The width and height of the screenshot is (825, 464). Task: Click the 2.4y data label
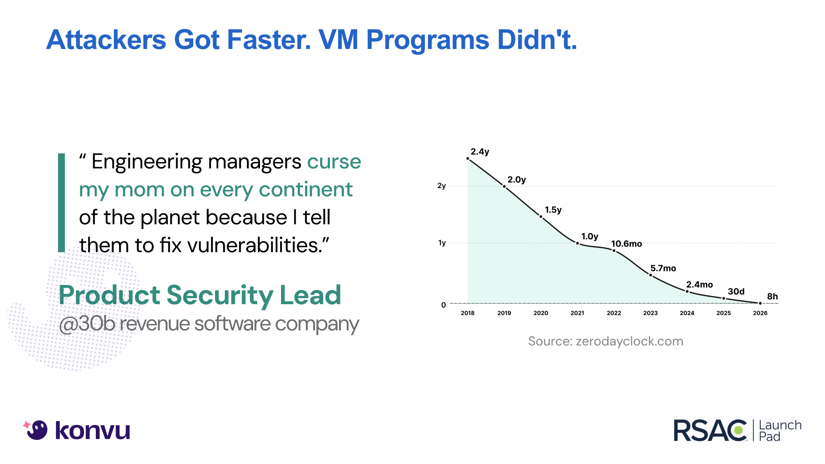point(480,152)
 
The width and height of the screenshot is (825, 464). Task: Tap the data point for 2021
point(577,243)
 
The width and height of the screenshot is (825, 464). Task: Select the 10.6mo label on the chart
point(626,244)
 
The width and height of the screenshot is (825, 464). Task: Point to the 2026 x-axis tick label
point(760,313)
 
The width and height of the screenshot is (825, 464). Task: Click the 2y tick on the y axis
point(441,186)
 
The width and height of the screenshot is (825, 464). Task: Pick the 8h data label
point(772,296)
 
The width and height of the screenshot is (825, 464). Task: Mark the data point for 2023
point(651,275)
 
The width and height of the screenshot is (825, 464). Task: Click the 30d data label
point(736,291)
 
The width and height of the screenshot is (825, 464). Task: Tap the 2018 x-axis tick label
point(467,313)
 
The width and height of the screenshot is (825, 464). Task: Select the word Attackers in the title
point(106,40)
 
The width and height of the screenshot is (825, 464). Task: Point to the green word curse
point(334,162)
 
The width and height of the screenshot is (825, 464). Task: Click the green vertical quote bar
point(61,202)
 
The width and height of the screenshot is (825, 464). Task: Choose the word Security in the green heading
point(220,295)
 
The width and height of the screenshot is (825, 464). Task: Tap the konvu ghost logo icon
point(37,430)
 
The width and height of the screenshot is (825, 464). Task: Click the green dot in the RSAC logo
point(739,430)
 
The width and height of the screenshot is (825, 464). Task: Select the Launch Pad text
point(780,430)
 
